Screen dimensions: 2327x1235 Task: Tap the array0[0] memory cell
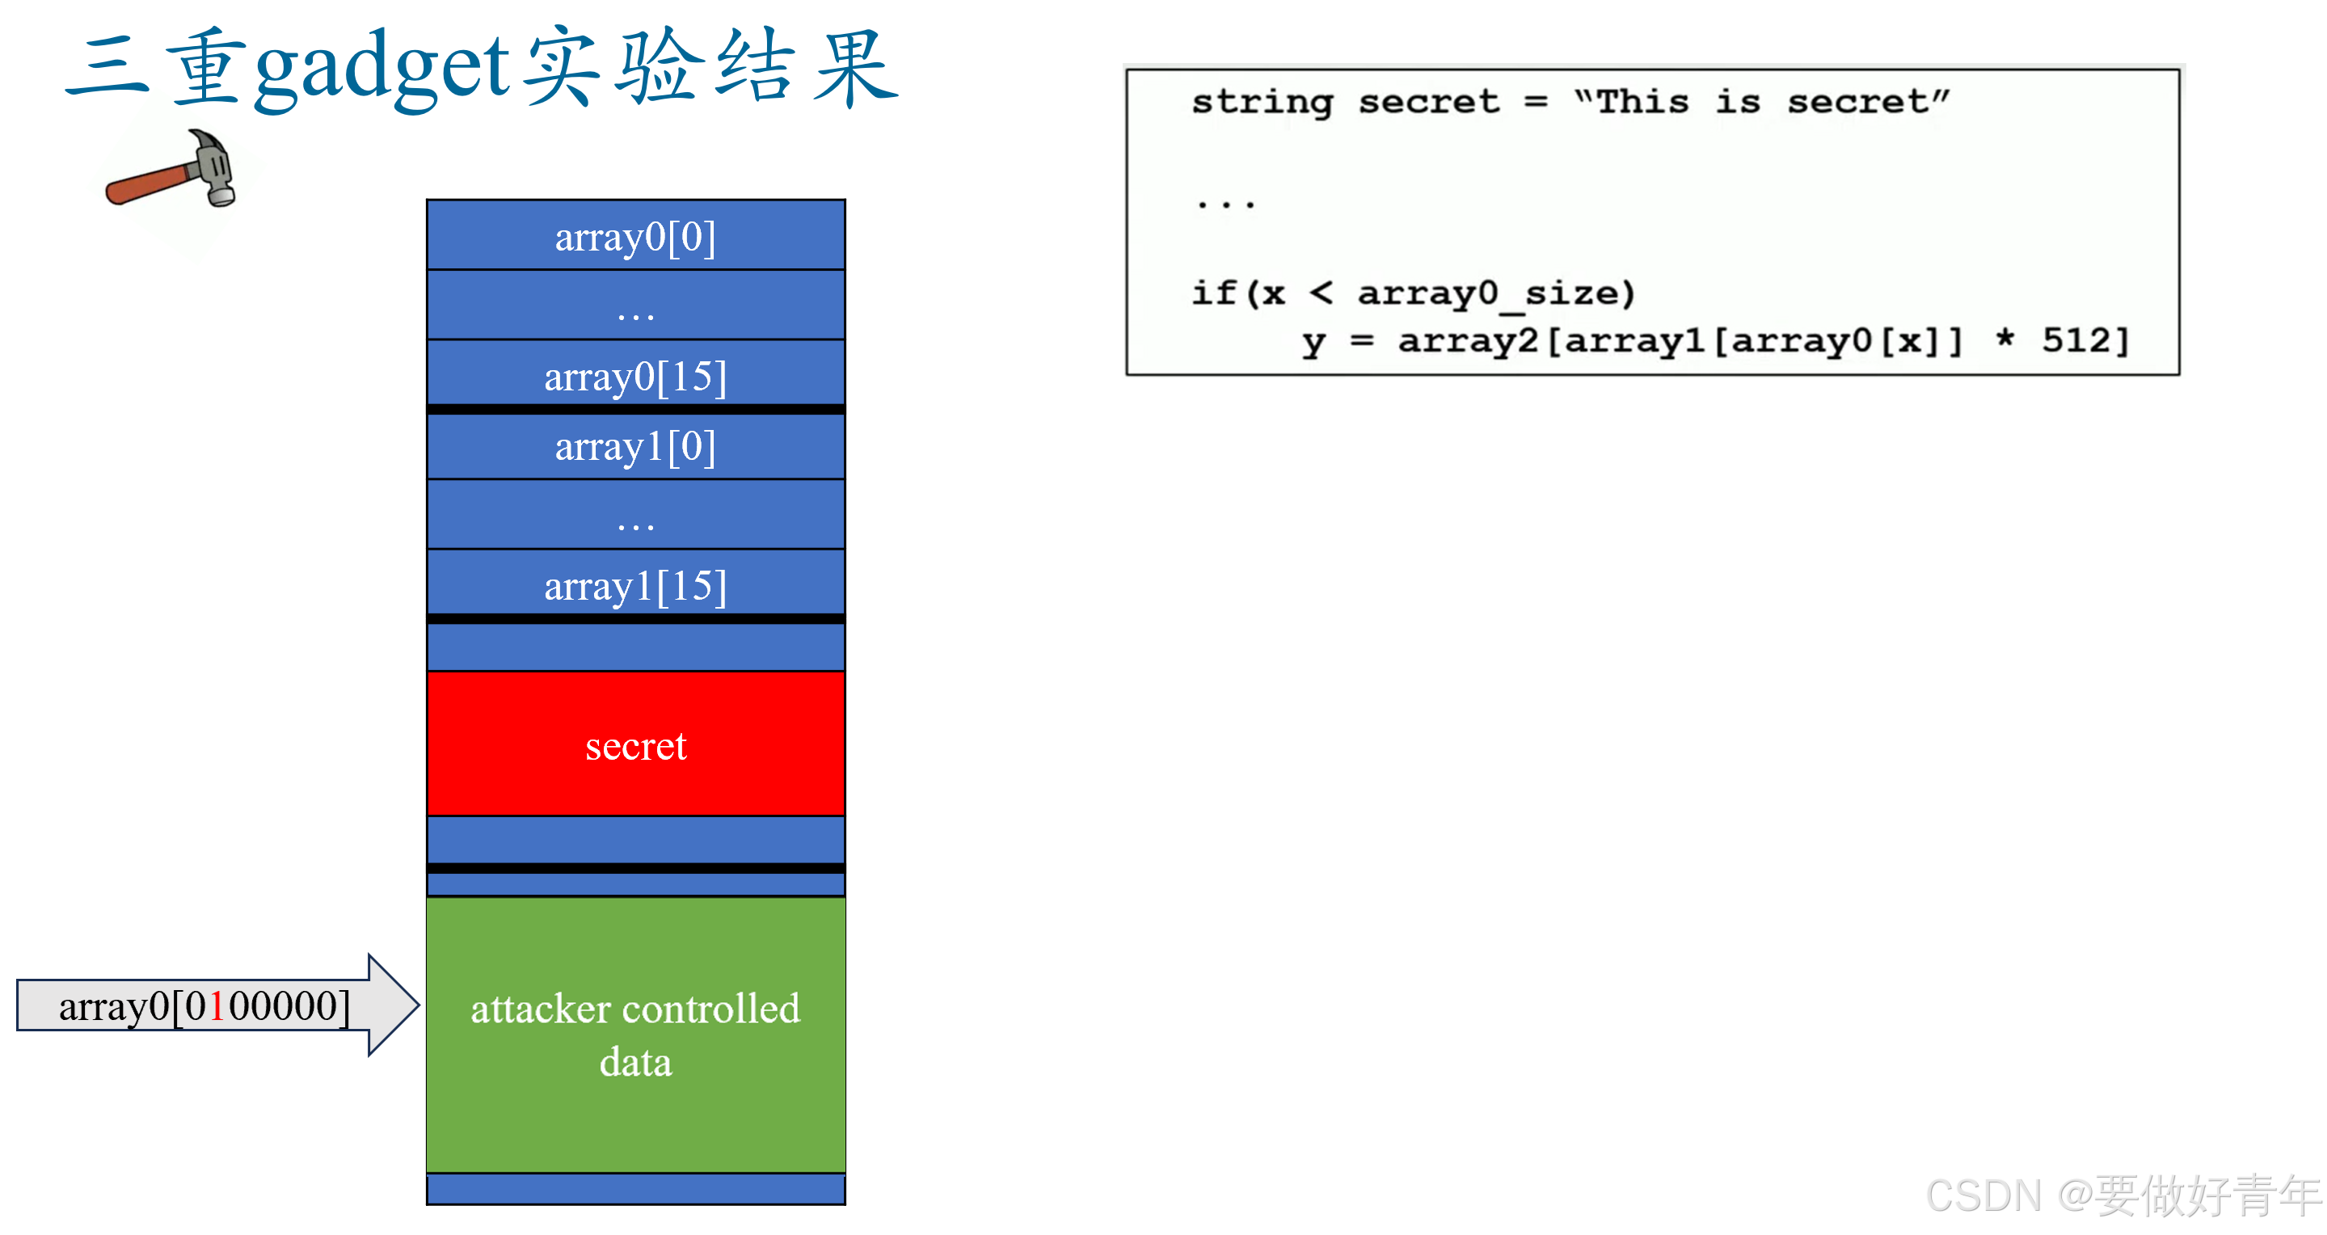click(x=635, y=237)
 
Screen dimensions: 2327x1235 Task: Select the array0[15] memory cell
click(x=635, y=376)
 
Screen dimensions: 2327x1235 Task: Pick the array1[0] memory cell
click(x=635, y=446)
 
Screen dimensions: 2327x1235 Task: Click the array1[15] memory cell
click(x=635, y=585)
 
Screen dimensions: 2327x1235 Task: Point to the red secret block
click(x=635, y=744)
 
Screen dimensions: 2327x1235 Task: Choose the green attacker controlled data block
click(x=635, y=1035)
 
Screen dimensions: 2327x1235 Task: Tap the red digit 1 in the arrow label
click(x=217, y=1006)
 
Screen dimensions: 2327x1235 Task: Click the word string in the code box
click(x=1262, y=102)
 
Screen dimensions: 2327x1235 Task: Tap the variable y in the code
click(x=1313, y=343)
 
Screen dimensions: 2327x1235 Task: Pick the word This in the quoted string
click(x=1642, y=102)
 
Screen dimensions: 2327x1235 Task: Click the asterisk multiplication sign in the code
click(x=2005, y=339)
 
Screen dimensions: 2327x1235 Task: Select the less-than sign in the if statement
click(x=1321, y=293)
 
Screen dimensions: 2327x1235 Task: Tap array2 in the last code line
click(x=1468, y=340)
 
